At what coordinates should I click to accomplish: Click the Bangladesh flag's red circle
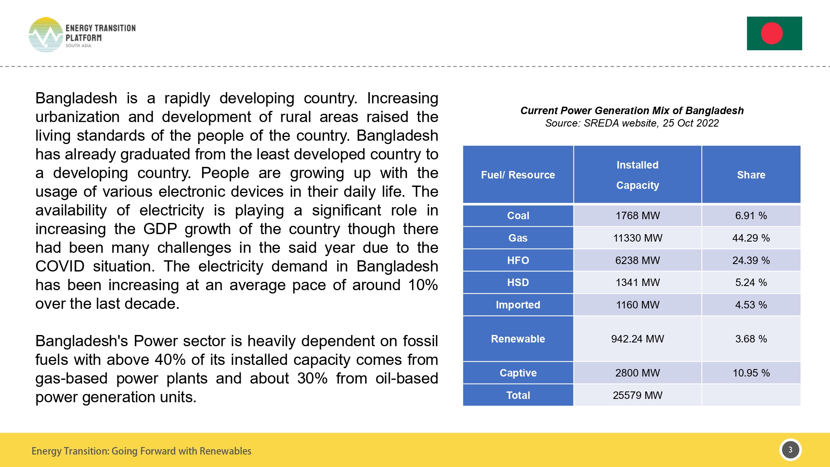pos(771,33)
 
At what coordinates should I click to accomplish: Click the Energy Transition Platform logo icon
pos(46,35)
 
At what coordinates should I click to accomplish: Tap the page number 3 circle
pos(790,450)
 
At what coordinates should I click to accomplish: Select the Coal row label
pos(518,215)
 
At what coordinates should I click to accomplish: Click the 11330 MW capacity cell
pos(637,238)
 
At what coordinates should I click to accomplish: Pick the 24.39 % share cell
pos(751,260)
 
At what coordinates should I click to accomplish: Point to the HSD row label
pos(518,282)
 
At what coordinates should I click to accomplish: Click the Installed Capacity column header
pos(637,175)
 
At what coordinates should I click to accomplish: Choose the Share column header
pos(751,175)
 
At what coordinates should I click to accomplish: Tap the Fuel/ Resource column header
pos(518,175)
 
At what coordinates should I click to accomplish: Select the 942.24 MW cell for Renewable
pos(637,339)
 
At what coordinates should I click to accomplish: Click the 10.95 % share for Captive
pos(751,373)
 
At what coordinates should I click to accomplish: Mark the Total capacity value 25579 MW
pos(637,395)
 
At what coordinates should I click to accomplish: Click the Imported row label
pos(518,305)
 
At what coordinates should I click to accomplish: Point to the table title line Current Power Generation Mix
pos(632,110)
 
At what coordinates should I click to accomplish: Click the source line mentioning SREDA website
pos(632,123)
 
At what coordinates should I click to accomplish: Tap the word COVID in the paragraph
pos(60,267)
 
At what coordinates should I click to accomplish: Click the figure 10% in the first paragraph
pos(422,285)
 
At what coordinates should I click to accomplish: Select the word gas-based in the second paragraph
pos(71,379)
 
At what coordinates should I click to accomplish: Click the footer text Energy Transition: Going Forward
pos(141,451)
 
